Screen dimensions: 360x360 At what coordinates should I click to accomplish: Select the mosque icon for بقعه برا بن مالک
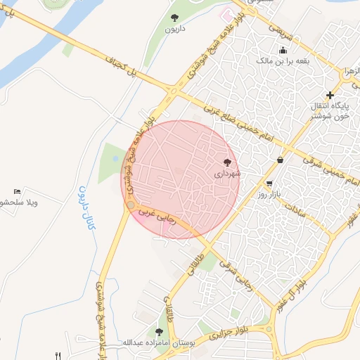tap(283, 50)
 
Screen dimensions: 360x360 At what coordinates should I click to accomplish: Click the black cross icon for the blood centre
tap(330, 95)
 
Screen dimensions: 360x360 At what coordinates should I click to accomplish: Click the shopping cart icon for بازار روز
tap(269, 182)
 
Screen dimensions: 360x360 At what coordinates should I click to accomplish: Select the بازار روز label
tap(269, 193)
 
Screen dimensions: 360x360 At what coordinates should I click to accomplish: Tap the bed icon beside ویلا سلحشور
tap(18, 192)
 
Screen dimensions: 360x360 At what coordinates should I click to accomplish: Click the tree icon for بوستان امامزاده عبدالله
tap(160, 331)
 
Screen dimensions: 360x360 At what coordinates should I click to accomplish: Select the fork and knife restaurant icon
tap(59, 356)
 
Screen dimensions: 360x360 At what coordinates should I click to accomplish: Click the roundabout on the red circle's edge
tap(131, 205)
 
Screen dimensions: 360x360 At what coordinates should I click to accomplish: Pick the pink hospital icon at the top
tap(226, 14)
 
